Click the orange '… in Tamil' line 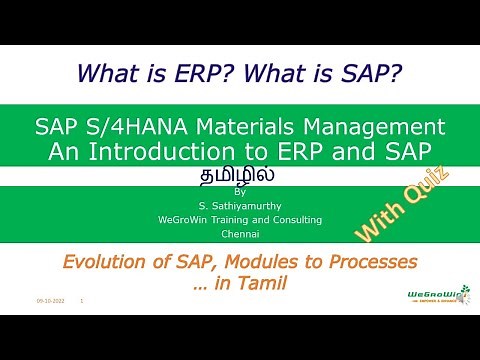(x=239, y=283)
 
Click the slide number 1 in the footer (x=81, y=300)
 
